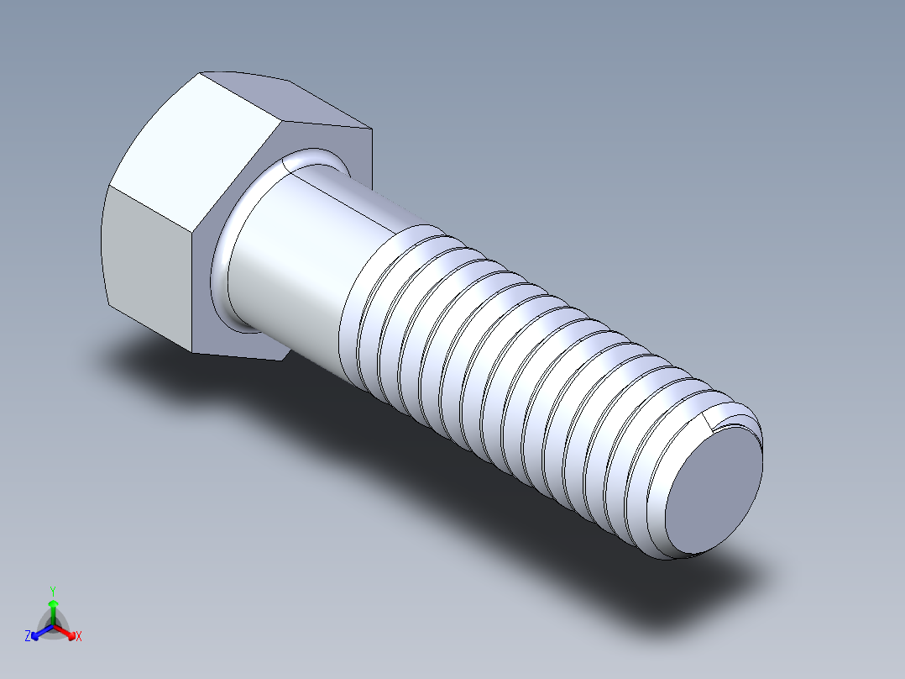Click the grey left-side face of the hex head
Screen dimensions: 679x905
[147, 261]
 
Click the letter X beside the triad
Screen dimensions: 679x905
[79, 637]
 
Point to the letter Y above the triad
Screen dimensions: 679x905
[53, 591]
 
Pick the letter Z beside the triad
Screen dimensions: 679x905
[28, 636]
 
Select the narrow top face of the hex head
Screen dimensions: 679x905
[285, 101]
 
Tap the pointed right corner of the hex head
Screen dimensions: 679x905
[370, 129]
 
